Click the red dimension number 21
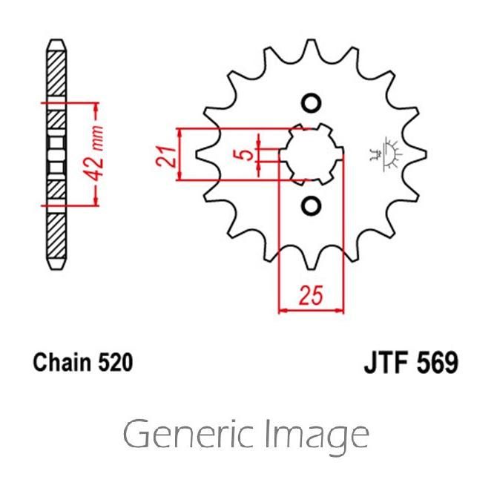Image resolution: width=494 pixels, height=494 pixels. (169, 154)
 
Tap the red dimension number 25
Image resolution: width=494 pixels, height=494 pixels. (312, 296)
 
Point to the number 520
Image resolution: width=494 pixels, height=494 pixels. (115, 363)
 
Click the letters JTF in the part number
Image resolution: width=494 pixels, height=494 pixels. (386, 363)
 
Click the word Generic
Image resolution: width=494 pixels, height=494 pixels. (191, 435)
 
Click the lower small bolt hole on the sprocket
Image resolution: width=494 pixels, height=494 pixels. (311, 205)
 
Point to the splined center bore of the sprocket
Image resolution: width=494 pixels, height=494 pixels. (311, 154)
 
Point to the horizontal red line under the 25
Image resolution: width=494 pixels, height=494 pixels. (312, 310)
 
